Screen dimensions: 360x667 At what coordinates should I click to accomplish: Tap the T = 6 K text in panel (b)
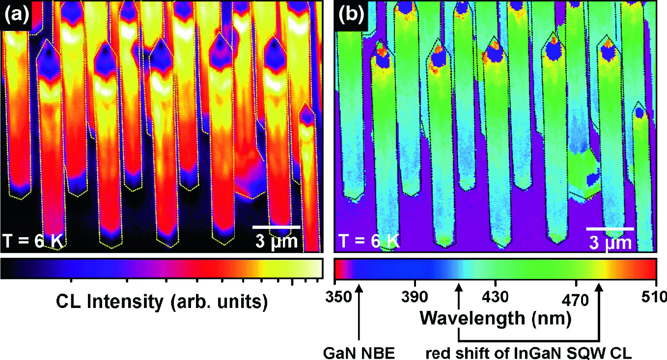(368, 241)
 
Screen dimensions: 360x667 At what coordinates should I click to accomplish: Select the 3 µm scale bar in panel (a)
(276, 227)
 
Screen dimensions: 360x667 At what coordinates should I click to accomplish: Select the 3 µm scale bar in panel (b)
(610, 228)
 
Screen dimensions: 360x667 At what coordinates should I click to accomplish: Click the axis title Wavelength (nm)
(495, 319)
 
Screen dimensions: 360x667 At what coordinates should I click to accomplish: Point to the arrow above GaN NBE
(360, 314)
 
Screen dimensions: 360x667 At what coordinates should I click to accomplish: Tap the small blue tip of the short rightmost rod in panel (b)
(639, 113)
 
